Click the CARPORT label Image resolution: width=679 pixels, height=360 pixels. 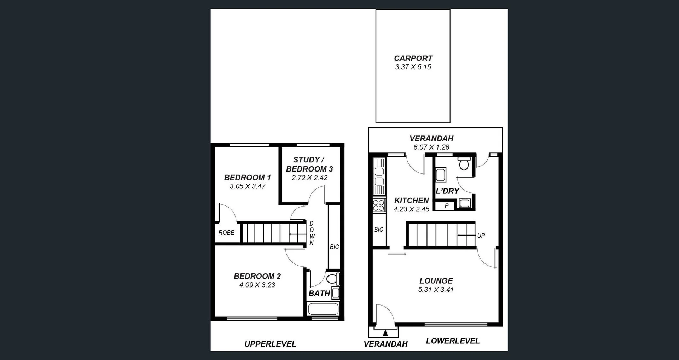[413, 58]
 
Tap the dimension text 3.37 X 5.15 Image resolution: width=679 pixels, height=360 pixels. [413, 67]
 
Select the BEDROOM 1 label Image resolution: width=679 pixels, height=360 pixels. [247, 178]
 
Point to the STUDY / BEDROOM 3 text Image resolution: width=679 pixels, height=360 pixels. [309, 164]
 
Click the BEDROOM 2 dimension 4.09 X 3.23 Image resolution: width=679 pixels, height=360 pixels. [257, 285]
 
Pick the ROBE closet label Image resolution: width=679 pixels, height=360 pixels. [226, 233]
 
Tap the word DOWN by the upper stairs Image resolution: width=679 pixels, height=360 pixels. [311, 233]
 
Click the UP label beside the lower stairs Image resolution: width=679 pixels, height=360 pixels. [481, 236]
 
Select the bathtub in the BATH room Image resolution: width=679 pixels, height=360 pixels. [323, 309]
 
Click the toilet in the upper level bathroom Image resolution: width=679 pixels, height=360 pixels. [333, 279]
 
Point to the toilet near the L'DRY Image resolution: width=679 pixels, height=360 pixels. [464, 164]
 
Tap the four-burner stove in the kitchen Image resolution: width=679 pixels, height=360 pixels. [379, 205]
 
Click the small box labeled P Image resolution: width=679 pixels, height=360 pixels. [446, 205]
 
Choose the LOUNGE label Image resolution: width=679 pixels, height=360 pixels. [436, 281]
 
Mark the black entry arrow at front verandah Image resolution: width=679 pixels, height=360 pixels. [385, 332]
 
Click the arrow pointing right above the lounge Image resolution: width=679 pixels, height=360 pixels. [397, 254]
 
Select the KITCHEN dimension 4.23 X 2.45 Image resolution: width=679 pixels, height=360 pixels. [411, 209]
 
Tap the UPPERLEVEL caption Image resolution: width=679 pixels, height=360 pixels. [270, 344]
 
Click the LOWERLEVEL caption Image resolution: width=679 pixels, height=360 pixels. [453, 341]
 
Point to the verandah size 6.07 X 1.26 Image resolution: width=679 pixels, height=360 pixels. [431, 147]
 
